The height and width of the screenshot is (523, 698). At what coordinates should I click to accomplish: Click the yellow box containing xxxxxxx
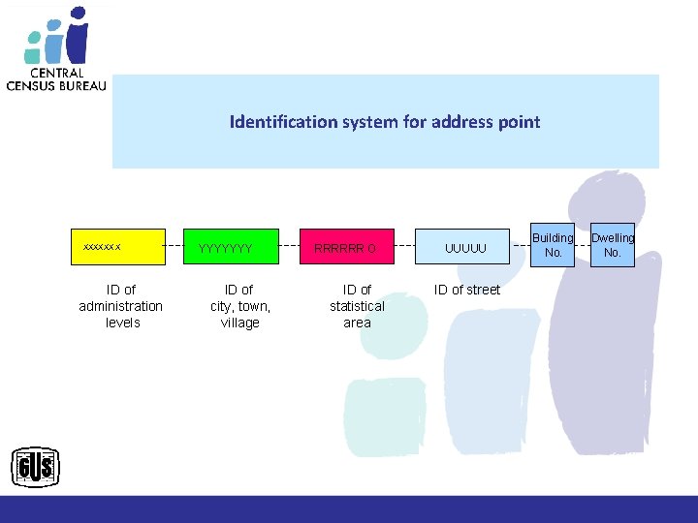(120, 247)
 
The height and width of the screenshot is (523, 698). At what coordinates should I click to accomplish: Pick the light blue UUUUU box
(464, 247)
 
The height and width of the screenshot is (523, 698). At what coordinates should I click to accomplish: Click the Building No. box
(553, 245)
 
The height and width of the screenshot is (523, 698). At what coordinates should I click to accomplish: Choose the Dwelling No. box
(612, 245)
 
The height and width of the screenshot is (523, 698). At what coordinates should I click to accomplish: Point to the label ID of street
(467, 290)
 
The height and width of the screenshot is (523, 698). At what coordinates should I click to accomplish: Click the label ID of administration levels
(121, 306)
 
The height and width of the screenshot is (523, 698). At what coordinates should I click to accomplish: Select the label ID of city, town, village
(239, 306)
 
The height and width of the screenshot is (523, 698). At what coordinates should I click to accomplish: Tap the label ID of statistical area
(357, 306)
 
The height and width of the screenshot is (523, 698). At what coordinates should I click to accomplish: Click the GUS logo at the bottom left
(35, 469)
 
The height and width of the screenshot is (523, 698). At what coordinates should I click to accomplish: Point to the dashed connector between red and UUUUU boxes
(406, 247)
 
